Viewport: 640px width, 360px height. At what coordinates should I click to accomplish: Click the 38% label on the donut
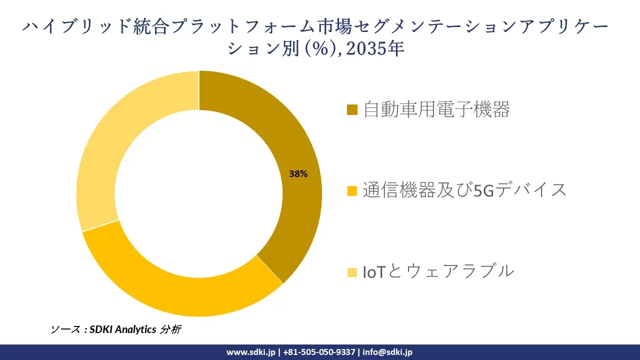[298, 174]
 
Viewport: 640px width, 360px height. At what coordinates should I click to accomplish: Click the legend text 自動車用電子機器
[436, 109]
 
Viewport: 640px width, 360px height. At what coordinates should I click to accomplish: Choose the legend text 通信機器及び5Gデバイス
[465, 190]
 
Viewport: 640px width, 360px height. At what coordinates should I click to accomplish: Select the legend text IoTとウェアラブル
[438, 271]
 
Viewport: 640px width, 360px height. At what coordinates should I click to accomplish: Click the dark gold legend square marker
[352, 109]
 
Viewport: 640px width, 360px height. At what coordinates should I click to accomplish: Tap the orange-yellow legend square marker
[352, 190]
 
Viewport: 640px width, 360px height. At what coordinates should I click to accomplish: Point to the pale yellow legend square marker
[352, 272]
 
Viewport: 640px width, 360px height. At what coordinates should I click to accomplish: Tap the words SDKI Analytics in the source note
[122, 329]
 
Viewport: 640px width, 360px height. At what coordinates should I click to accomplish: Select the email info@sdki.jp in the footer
[387, 352]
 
